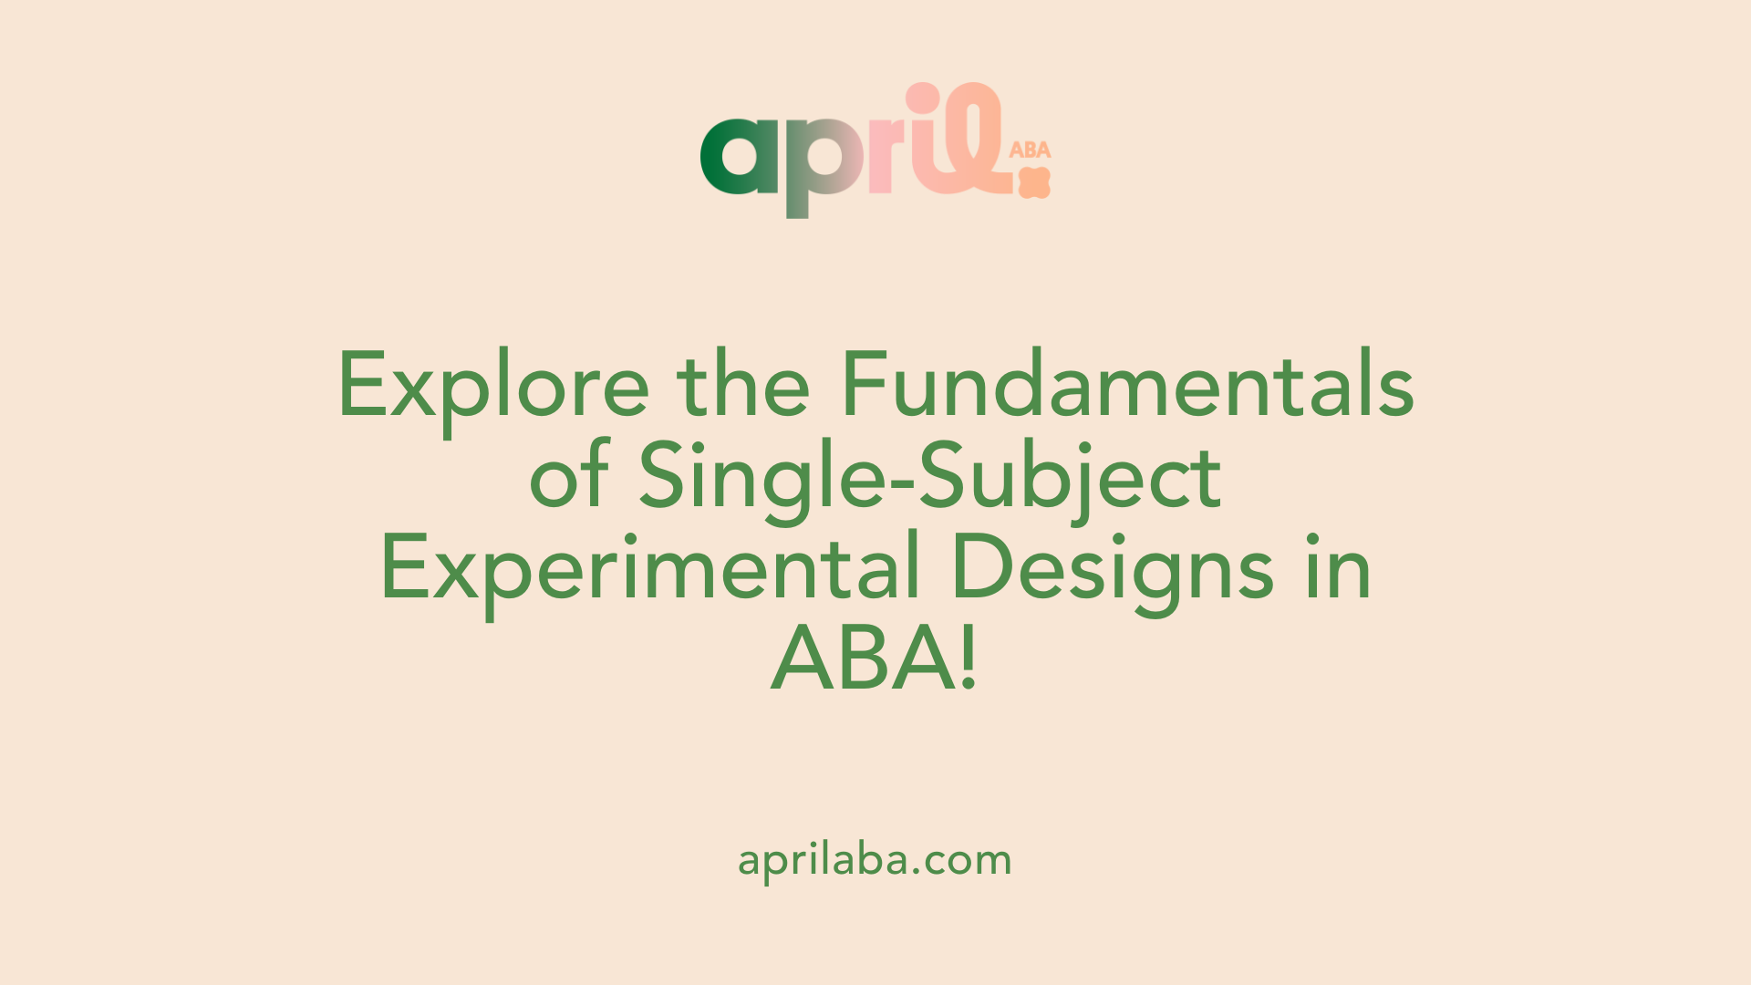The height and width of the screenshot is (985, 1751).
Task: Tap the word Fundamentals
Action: [x=1128, y=383]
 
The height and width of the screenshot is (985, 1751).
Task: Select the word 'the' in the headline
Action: [x=743, y=383]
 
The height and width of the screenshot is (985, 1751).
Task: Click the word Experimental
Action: [x=649, y=573]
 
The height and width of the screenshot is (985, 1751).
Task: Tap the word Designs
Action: [x=1112, y=573]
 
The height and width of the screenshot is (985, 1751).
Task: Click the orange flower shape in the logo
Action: [x=1035, y=182]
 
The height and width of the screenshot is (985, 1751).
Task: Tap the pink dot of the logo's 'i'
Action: [x=923, y=98]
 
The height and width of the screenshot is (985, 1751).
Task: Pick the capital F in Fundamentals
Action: [x=865, y=384]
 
